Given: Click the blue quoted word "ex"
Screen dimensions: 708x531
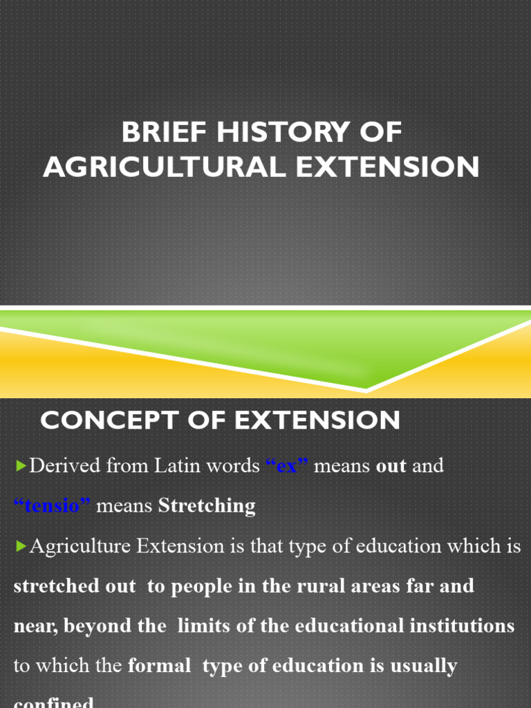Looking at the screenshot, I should tap(287, 466).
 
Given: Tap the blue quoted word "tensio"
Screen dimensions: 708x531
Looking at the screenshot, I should tap(53, 506).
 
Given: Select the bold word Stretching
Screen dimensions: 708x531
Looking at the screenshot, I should tap(207, 506).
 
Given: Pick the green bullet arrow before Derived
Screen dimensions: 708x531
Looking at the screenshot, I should tap(20, 467).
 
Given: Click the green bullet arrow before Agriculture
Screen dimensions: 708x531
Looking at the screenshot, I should tap(20, 547).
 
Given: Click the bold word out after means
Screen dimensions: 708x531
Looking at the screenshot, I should tap(391, 466).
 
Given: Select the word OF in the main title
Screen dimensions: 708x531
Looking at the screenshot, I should tap(378, 133).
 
